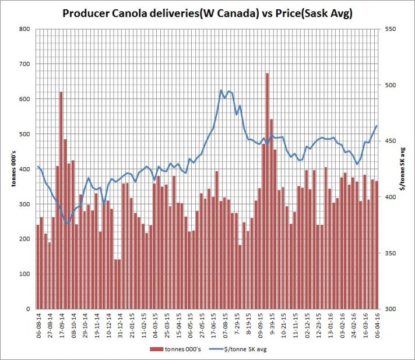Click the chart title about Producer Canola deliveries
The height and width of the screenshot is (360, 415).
point(207,13)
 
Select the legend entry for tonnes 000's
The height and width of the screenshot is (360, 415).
point(173,350)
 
